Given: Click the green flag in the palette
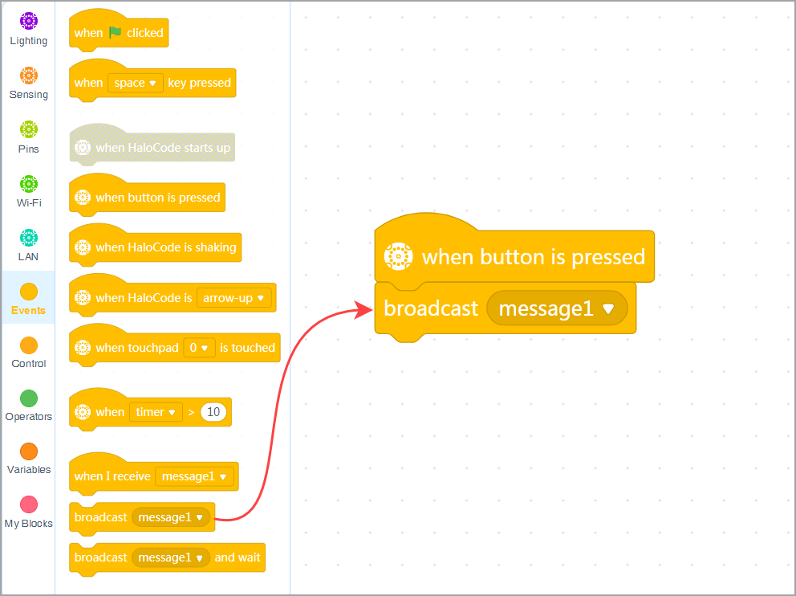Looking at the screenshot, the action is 115,33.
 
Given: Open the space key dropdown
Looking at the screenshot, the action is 135,83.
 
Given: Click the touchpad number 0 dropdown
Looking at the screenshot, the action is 199,348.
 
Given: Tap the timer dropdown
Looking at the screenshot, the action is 156,412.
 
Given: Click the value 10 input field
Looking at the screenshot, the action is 213,412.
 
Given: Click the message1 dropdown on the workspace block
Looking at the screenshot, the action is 556,308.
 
